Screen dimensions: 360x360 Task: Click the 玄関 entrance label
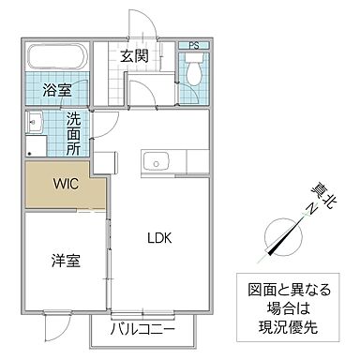click(133, 56)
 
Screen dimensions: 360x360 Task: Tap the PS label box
click(193, 45)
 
